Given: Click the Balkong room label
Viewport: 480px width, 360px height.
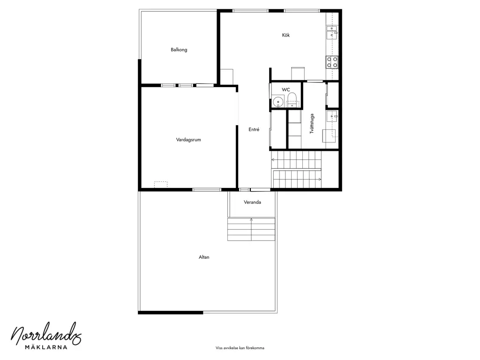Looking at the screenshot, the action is point(179,50).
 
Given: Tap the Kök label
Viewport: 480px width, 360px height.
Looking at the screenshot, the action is point(285,35).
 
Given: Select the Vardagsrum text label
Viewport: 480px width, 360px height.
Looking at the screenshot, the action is point(188,140).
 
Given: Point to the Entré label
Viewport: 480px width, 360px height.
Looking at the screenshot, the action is point(254,129).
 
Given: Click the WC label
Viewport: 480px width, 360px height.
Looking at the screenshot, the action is point(285,90).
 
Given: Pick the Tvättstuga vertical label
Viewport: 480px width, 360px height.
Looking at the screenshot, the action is point(312,124).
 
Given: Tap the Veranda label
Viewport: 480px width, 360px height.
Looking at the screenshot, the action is point(252,202).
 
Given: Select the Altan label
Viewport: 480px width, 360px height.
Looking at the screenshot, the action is point(204,257).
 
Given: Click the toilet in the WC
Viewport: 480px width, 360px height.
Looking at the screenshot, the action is point(292,100).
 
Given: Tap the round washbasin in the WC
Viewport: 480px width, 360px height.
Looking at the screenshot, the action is point(278,101).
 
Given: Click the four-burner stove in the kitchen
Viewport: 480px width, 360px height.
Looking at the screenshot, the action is point(332,62).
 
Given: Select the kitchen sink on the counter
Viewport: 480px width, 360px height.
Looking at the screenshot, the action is point(332,33).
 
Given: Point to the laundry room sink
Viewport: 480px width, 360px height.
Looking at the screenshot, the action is point(332,116).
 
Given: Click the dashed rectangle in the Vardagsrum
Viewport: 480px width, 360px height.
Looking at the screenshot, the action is point(161,184).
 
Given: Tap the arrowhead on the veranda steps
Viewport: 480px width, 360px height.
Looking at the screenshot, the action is point(251,219).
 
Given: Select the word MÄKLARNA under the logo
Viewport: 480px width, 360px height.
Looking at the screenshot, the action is point(46,347).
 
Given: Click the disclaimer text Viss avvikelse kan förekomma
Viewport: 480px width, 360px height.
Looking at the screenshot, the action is point(240,348).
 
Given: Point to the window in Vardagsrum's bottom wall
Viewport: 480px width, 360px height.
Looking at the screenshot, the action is point(207,190).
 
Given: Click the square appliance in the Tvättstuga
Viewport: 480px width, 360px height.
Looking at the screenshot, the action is point(329,136).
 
